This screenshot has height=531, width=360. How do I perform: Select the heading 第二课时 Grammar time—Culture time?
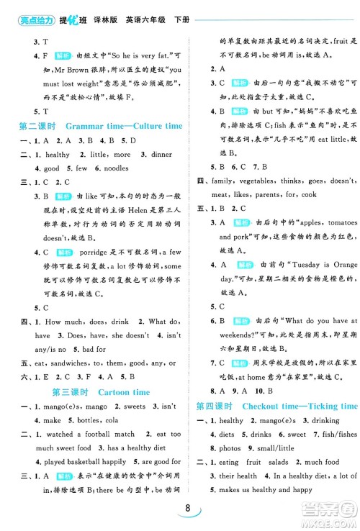click(100, 126)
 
